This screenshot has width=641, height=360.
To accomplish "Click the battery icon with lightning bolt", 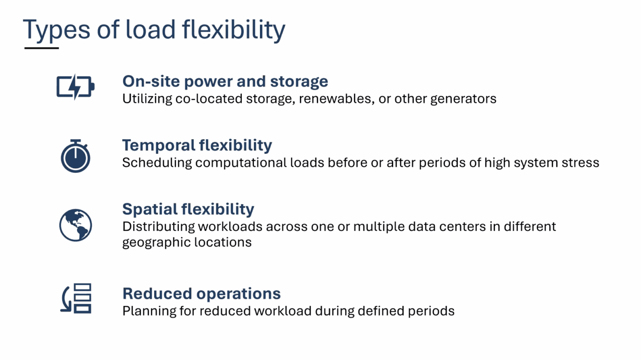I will click(x=75, y=88).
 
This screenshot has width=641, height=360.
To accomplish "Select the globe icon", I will click(x=75, y=225).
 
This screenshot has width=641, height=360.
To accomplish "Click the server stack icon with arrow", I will click(x=76, y=298).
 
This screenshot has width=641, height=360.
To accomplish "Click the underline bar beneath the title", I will click(x=42, y=48).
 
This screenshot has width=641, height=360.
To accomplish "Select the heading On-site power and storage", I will click(x=225, y=81).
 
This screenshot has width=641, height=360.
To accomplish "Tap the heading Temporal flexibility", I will click(x=197, y=145).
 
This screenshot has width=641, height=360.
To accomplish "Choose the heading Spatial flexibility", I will click(x=188, y=209).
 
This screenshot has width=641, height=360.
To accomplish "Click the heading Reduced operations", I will click(x=201, y=293).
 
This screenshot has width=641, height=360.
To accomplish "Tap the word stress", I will click(x=581, y=163).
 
